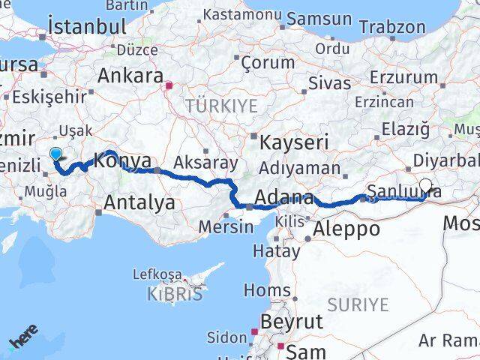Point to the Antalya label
[139, 202]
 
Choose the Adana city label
[284, 198]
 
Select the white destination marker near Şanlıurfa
[426, 185]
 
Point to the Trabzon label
[392, 26]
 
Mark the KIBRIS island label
[175, 293]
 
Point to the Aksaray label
[205, 162]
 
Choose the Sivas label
[331, 82]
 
